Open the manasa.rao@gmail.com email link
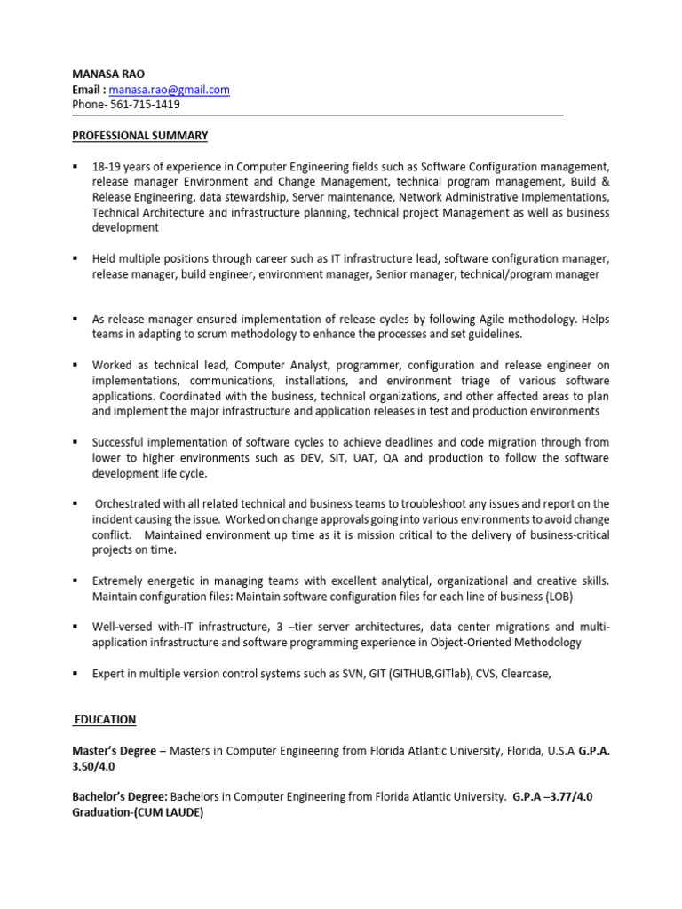(x=170, y=90)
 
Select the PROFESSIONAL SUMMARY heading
(x=139, y=136)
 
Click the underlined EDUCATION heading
(x=105, y=720)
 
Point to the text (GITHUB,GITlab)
(x=432, y=674)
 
